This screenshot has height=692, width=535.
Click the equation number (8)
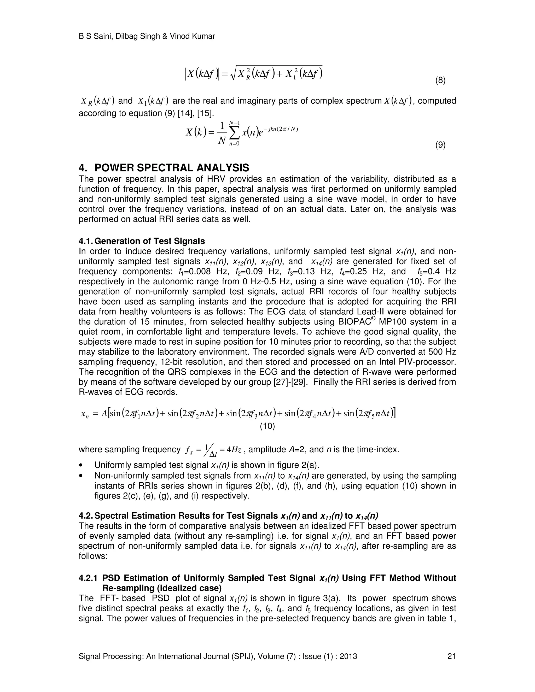click(440, 80)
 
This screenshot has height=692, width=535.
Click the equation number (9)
click(440, 145)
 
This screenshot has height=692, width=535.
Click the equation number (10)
click(267, 426)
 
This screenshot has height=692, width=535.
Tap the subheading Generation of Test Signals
click(150, 241)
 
